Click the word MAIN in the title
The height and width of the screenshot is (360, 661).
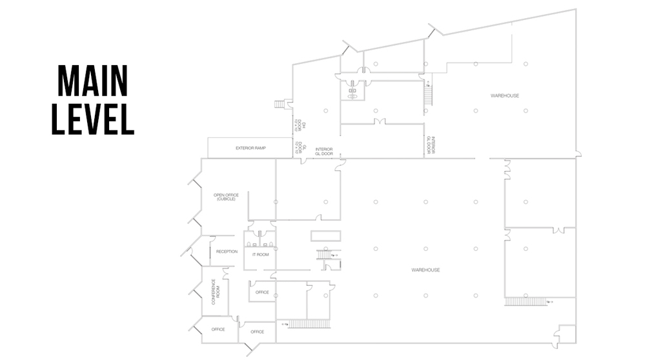[x=92, y=81]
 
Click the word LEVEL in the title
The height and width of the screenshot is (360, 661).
[x=92, y=118]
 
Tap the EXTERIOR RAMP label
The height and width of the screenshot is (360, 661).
[x=250, y=148]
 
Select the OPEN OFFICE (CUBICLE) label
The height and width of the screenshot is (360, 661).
[x=226, y=197]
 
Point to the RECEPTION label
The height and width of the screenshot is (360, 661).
[x=227, y=252]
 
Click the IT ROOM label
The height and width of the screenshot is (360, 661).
[x=260, y=255]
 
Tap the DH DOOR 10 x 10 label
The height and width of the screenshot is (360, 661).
[x=299, y=124]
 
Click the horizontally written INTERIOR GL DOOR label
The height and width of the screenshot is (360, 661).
[x=323, y=152]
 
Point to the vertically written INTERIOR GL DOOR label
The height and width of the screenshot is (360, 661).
[x=431, y=145]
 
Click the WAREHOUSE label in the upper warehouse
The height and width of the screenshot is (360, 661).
[x=504, y=96]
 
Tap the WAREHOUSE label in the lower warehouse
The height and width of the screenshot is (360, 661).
[x=425, y=270]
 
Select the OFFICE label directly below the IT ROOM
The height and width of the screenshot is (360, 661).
[x=262, y=292]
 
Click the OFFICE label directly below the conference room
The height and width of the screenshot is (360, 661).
[x=218, y=330]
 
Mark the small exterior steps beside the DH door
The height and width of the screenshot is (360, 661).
[x=280, y=104]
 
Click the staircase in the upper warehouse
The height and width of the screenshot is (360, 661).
[x=427, y=95]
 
